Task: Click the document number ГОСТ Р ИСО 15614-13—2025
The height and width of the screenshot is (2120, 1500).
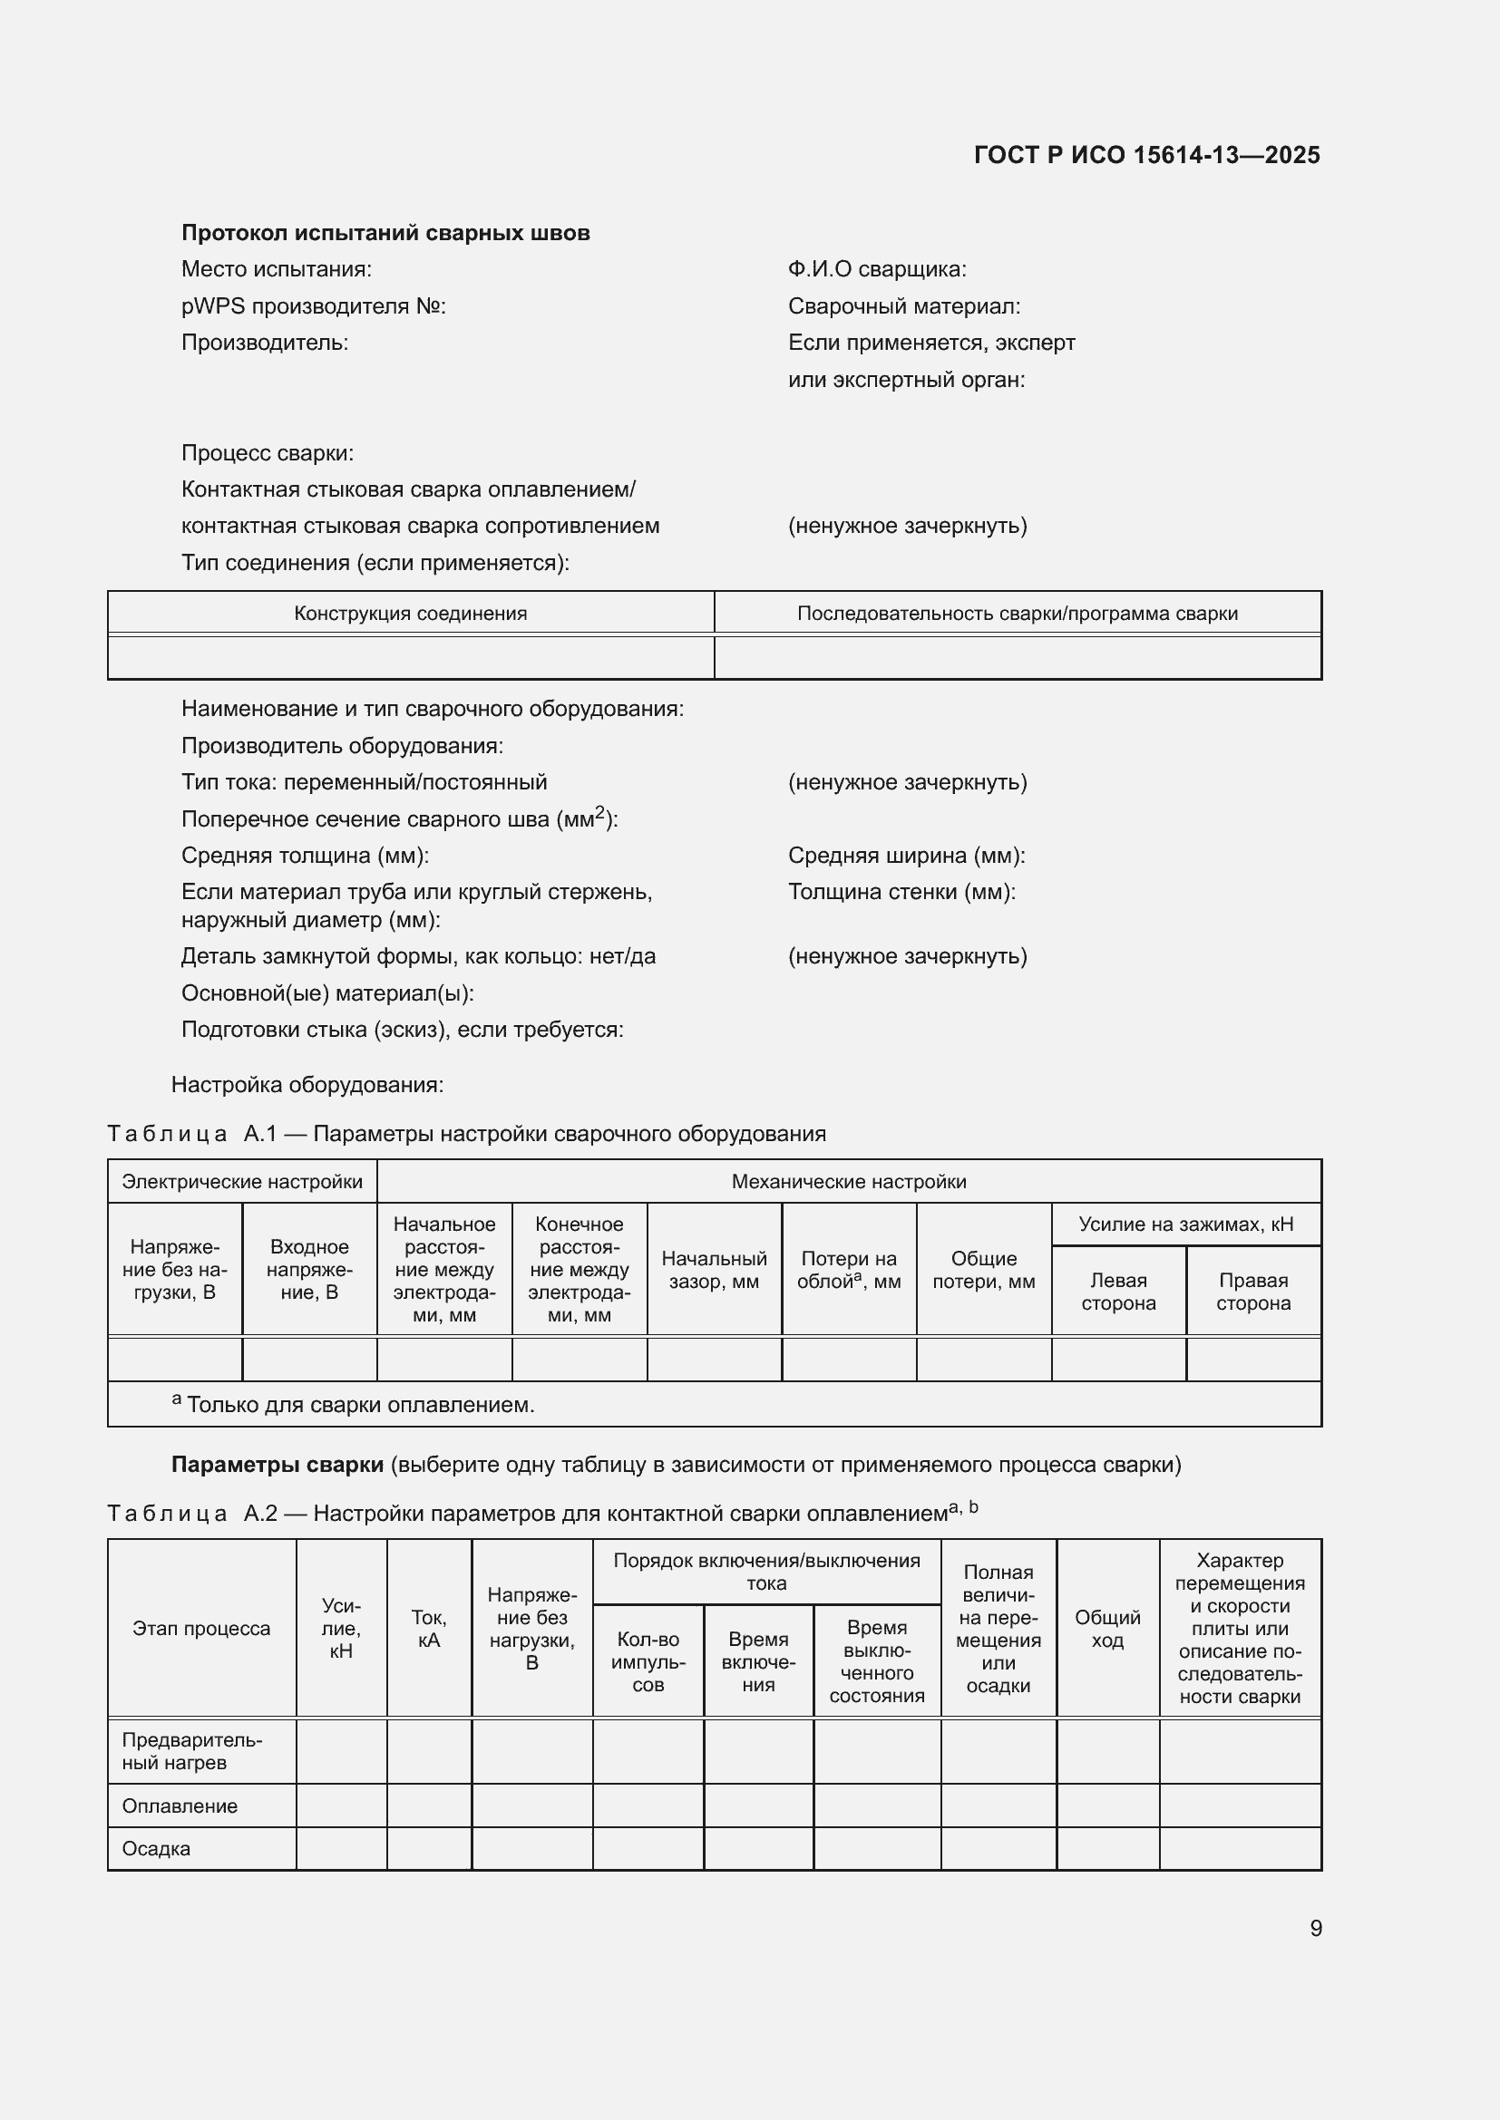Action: (1146, 155)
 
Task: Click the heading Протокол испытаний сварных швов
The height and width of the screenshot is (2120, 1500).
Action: (385, 233)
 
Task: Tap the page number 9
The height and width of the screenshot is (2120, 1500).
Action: (1315, 1928)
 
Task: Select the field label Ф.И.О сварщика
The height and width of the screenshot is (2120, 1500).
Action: (877, 269)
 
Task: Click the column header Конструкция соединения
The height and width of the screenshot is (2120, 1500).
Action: (410, 613)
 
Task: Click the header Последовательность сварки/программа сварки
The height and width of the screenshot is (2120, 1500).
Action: (1017, 613)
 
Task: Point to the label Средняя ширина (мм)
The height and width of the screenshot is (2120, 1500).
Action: (906, 855)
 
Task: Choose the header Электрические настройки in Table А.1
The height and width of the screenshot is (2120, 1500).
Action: (242, 1182)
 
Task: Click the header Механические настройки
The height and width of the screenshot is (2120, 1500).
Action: (848, 1182)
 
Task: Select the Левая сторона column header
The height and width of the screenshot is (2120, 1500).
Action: (1117, 1291)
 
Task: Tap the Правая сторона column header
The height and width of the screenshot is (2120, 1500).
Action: (1252, 1291)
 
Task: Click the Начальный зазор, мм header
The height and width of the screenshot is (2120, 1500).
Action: (713, 1270)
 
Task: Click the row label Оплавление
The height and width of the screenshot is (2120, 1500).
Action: (180, 1806)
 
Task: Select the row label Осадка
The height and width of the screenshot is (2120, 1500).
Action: (156, 1848)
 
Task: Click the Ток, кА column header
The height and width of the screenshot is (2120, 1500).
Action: (429, 1628)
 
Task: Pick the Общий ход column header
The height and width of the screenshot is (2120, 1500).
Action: (1106, 1628)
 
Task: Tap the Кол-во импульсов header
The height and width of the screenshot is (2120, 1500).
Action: (648, 1661)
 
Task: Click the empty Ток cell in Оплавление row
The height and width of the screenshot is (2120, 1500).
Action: (429, 1806)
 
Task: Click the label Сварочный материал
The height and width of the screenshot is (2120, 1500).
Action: (903, 306)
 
